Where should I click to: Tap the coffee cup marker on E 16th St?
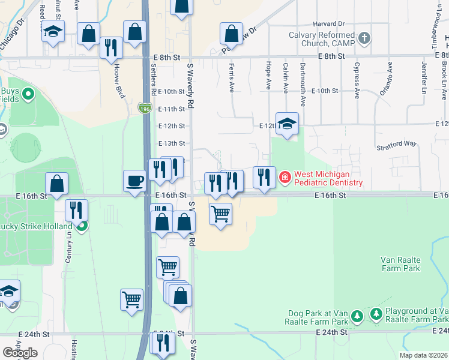tap(134, 181)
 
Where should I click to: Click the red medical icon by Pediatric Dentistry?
tap(284, 178)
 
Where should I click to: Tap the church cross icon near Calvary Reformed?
tap(364, 40)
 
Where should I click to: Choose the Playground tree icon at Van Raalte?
tap(376, 314)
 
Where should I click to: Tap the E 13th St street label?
tap(172, 143)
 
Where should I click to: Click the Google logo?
tap(20, 353)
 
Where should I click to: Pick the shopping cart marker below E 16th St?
tap(221, 213)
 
